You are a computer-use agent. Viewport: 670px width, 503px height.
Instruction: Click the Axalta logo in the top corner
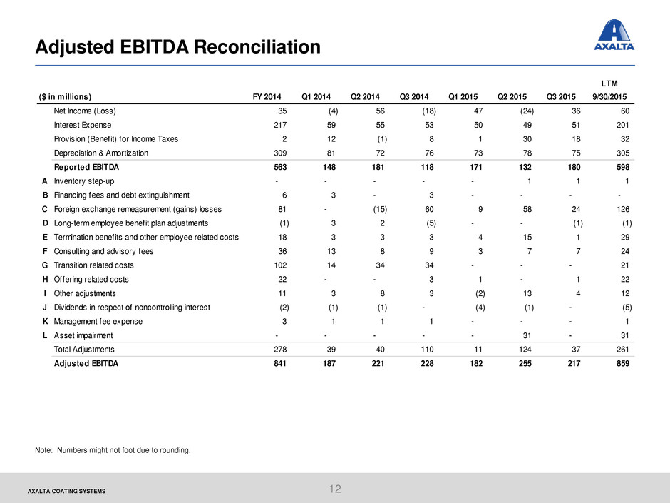[614, 35]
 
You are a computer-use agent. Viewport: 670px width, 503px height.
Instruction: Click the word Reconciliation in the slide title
[257, 46]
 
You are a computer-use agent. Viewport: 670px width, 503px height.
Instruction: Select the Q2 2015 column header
[512, 96]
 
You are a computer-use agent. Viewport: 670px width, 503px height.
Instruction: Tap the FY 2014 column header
[267, 96]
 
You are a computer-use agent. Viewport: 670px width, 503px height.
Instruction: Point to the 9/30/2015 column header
[609, 96]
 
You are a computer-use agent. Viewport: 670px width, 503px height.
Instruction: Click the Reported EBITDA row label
[86, 167]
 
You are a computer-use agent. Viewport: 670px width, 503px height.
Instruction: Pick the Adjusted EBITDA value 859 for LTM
[622, 364]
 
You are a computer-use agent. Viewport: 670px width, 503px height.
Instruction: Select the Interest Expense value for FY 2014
[280, 125]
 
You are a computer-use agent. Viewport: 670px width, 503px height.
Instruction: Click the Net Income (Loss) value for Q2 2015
[527, 111]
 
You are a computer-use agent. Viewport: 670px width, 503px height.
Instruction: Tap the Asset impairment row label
[83, 335]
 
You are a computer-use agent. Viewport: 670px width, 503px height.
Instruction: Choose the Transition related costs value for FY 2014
[280, 265]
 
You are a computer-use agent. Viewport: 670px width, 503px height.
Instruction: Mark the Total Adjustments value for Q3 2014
[427, 350]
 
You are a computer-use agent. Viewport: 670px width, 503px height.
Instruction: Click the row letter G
[45, 265]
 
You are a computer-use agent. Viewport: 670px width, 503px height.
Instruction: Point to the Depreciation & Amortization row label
[100, 153]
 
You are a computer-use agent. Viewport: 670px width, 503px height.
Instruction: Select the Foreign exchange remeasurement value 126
[623, 209]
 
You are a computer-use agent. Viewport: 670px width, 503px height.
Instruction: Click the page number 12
[335, 489]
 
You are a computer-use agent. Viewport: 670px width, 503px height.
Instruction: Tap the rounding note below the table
[113, 450]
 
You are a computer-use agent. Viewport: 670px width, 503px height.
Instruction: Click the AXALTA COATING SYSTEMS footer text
[67, 491]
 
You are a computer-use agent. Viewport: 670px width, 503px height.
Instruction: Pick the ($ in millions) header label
[65, 96]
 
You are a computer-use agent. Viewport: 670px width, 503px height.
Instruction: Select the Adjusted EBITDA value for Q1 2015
[476, 364]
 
